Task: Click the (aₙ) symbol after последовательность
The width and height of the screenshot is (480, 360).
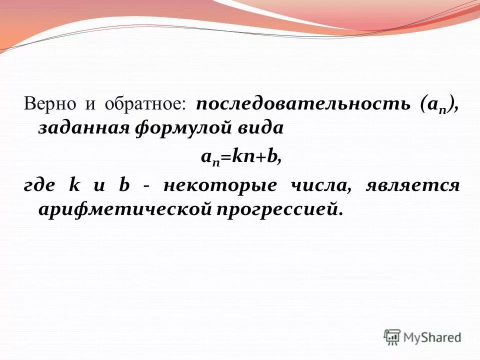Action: tap(438, 105)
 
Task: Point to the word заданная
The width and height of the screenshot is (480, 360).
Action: tap(82, 128)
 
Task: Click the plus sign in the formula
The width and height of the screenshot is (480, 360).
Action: tap(260, 157)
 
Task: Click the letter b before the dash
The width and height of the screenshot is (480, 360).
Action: tap(123, 184)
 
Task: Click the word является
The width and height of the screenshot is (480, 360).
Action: tap(412, 185)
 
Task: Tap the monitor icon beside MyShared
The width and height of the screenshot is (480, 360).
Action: tap(392, 336)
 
